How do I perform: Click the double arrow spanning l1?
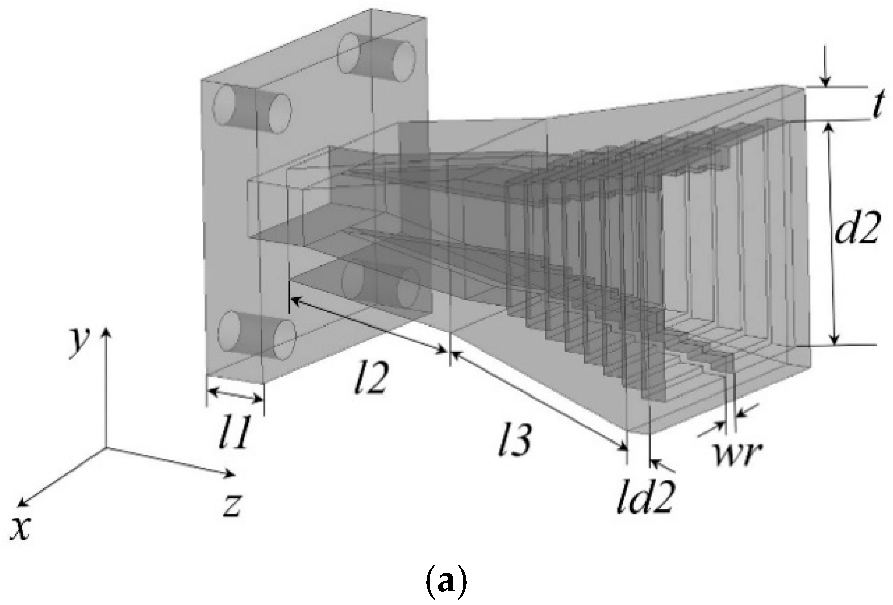(x=235, y=394)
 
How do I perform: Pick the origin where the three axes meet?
(x=106, y=448)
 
